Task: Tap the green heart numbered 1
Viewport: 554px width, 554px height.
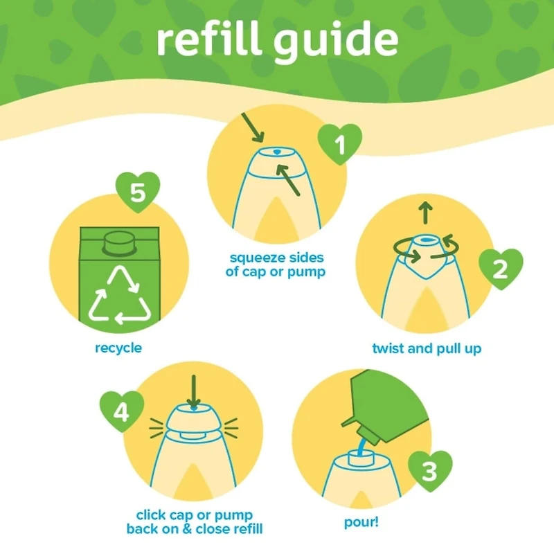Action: [339, 145]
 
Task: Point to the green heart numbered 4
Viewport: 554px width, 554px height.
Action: [122, 413]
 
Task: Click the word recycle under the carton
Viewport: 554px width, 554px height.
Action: [118, 348]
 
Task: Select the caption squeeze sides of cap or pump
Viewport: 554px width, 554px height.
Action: [276, 265]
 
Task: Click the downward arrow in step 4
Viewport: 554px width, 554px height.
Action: [193, 392]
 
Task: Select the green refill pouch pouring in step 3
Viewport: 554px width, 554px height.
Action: [388, 402]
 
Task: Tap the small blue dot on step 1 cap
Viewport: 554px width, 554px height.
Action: [276, 150]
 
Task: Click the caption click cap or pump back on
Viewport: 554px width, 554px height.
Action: [195, 523]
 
